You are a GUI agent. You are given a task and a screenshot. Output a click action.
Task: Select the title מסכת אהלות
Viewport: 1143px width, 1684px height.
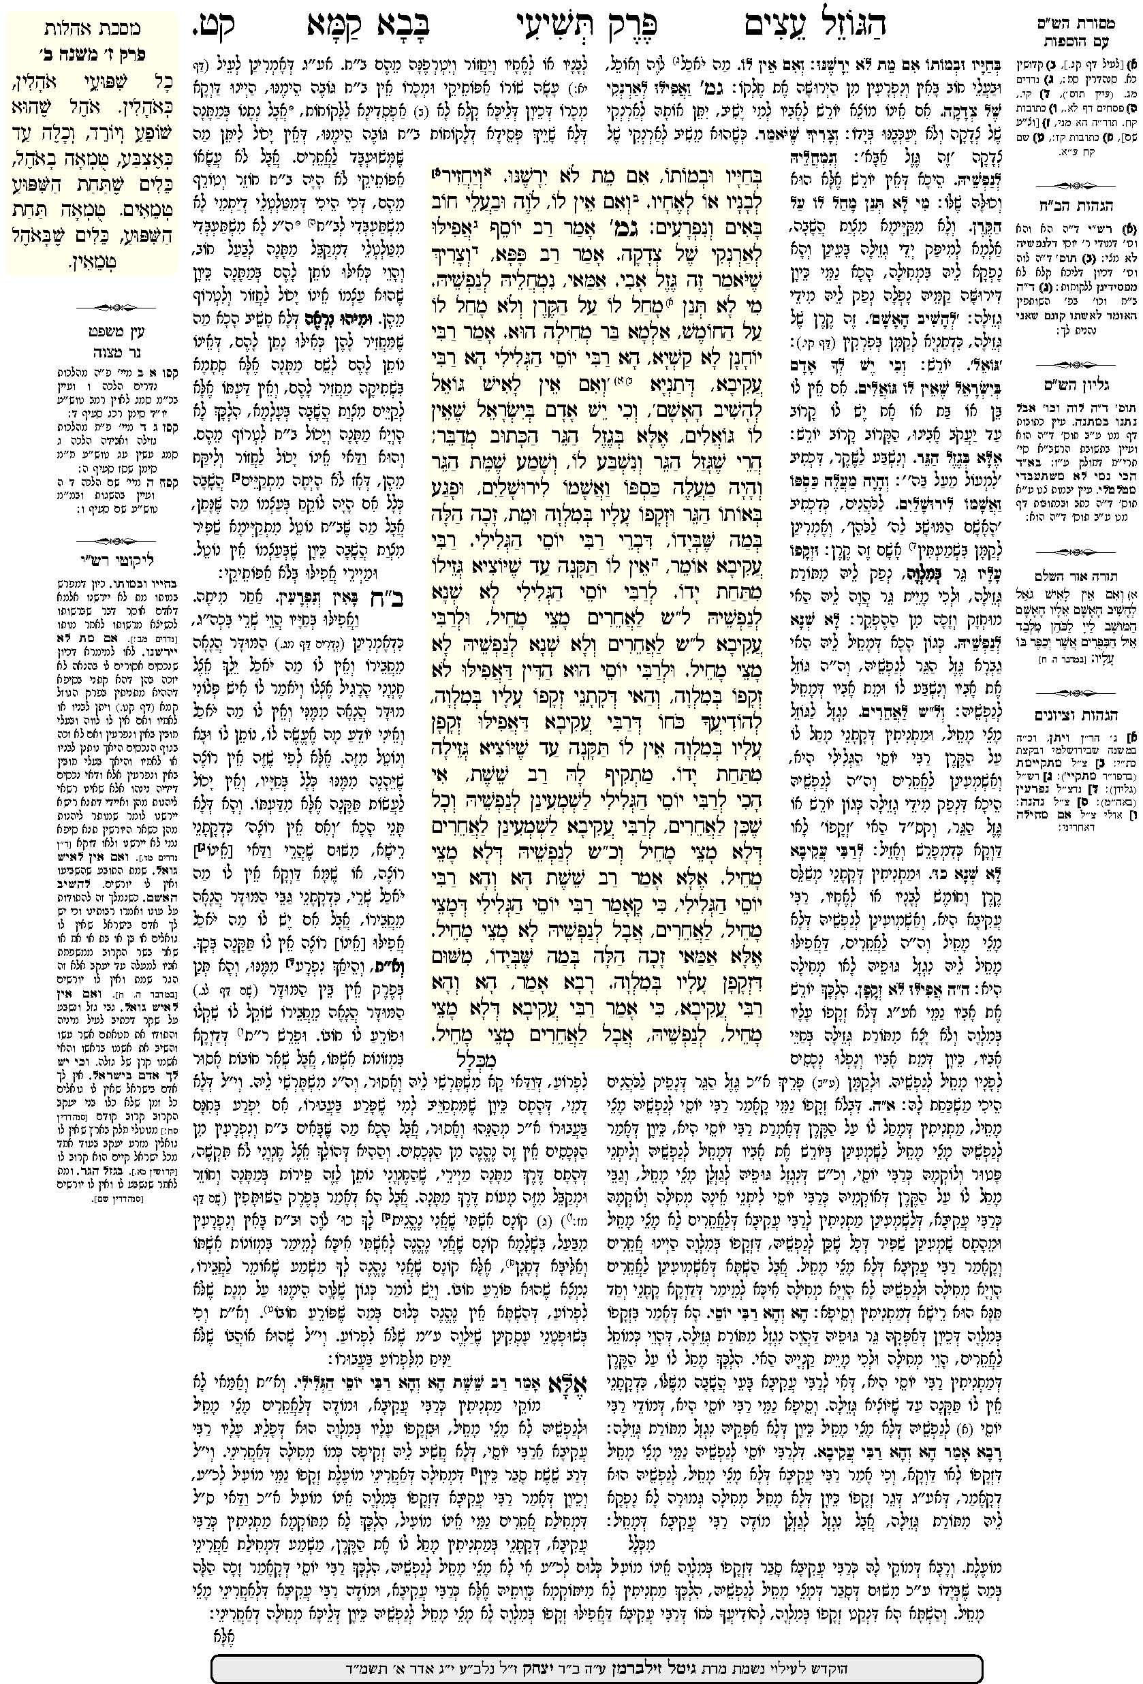(92, 29)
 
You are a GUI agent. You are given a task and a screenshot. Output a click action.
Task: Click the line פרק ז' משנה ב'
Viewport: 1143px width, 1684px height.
(92, 53)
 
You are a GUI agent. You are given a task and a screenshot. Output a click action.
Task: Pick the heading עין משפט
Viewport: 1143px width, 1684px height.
(92, 332)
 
